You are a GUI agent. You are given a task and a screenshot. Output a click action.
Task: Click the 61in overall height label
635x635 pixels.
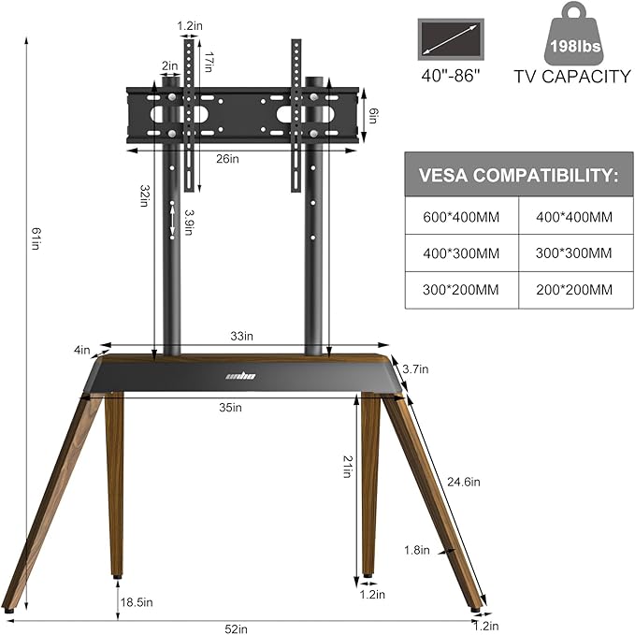coord(35,241)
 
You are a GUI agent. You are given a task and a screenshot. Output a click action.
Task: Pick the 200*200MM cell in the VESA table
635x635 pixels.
coord(575,290)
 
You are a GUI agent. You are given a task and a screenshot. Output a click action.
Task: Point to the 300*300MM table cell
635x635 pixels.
coord(575,253)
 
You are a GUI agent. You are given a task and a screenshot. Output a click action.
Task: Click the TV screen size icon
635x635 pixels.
coord(451,39)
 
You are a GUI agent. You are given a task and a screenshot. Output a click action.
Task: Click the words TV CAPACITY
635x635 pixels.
coord(571,77)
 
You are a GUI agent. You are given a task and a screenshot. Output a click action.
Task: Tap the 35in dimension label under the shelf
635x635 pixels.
coord(231,407)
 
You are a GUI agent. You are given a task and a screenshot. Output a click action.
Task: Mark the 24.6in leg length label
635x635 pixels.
coord(463,483)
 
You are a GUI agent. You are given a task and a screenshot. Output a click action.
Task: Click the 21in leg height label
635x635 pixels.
coord(346,466)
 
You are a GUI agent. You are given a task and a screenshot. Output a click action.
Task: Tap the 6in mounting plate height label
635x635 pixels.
coord(372,115)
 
